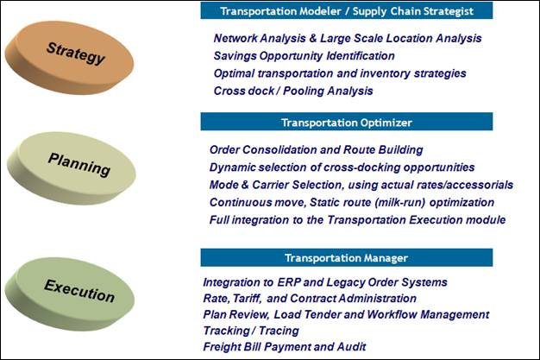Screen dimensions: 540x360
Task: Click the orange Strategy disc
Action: (x=69, y=57)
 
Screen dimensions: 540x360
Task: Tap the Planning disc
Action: (x=72, y=168)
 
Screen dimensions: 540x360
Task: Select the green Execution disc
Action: (x=70, y=294)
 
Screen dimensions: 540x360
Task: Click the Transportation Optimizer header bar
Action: (x=347, y=122)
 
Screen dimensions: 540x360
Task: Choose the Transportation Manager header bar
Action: (x=347, y=257)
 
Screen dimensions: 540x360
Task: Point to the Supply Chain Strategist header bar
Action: (x=347, y=10)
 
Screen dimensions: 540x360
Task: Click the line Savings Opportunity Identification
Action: (x=305, y=56)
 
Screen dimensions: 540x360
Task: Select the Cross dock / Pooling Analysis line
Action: (x=293, y=91)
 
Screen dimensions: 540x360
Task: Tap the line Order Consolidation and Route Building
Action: (x=316, y=149)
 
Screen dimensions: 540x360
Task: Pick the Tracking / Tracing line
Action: (x=251, y=331)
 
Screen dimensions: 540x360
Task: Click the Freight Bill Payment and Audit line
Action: (x=285, y=346)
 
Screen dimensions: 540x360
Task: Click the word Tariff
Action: (x=247, y=299)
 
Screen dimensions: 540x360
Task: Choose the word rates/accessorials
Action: (x=465, y=185)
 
